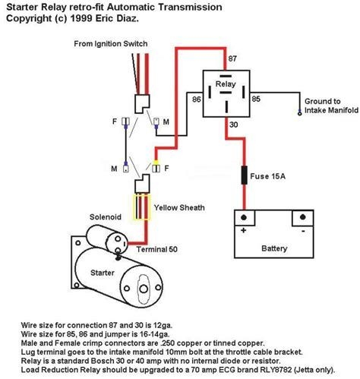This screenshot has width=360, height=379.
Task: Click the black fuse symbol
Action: point(244,176)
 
